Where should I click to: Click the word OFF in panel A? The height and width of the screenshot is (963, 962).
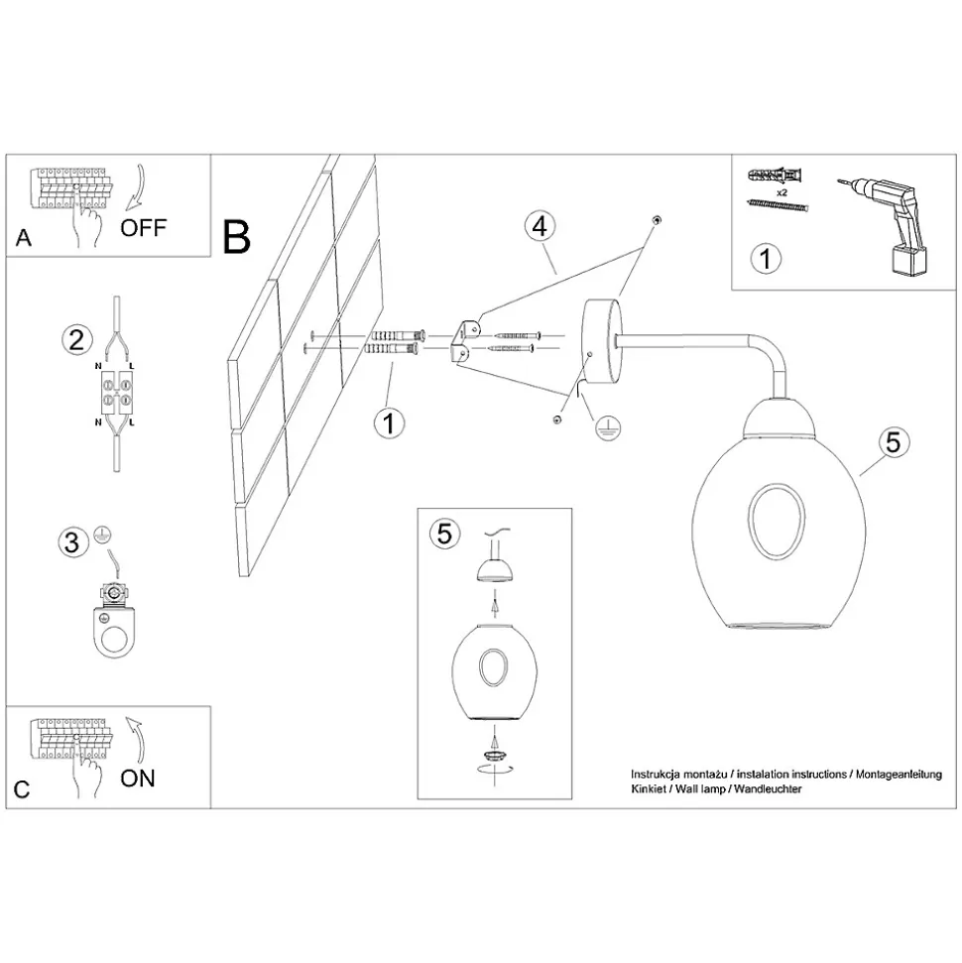click(x=144, y=227)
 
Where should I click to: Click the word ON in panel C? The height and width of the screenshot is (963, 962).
click(x=138, y=778)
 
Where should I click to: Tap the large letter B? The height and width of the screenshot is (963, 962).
click(x=237, y=236)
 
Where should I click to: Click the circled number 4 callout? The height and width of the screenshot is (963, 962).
click(x=539, y=225)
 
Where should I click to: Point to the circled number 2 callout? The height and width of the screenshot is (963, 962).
click(x=73, y=340)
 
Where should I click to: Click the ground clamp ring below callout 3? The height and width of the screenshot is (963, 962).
click(x=116, y=629)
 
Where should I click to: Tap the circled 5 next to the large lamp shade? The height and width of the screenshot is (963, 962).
click(x=892, y=442)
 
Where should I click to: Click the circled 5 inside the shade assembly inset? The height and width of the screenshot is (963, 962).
click(x=444, y=534)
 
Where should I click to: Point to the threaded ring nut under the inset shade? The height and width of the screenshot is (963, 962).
click(x=493, y=757)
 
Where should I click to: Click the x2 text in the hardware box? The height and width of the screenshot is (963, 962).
click(x=782, y=190)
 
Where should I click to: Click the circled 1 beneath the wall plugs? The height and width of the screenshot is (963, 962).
click(x=389, y=422)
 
